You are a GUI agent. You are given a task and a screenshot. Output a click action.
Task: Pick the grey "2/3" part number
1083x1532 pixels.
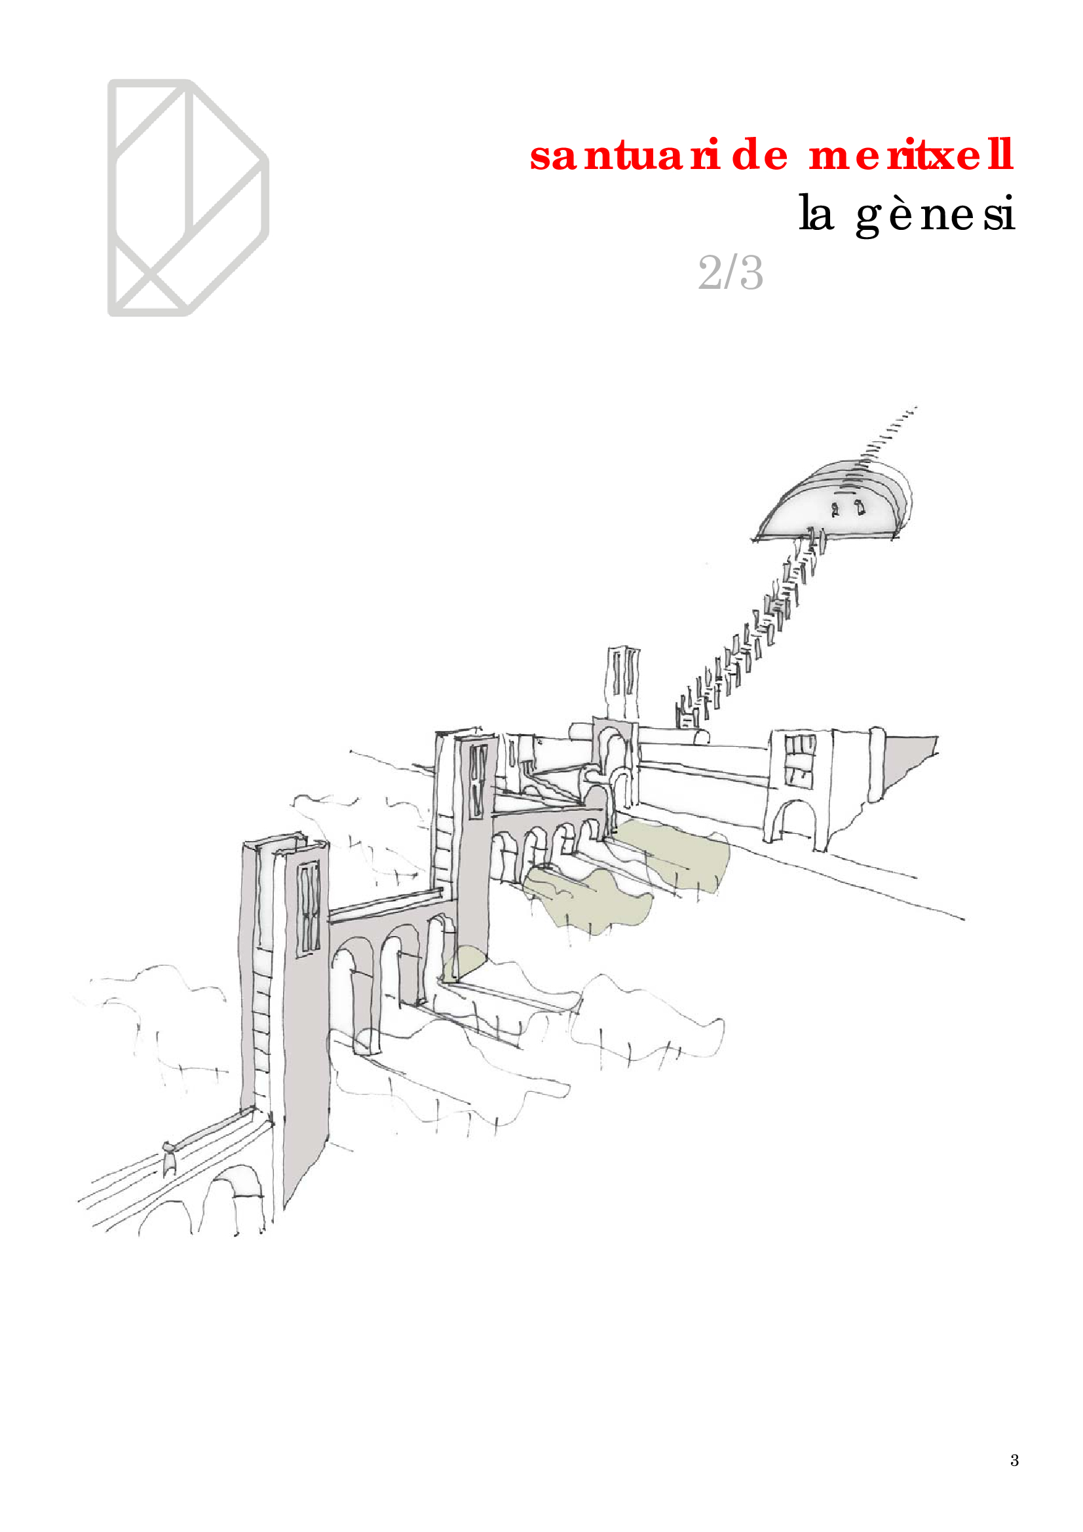tap(730, 273)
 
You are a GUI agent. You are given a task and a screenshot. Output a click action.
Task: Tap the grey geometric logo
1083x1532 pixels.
tap(188, 198)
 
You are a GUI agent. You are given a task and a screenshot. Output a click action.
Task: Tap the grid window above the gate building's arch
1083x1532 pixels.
tap(799, 758)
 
